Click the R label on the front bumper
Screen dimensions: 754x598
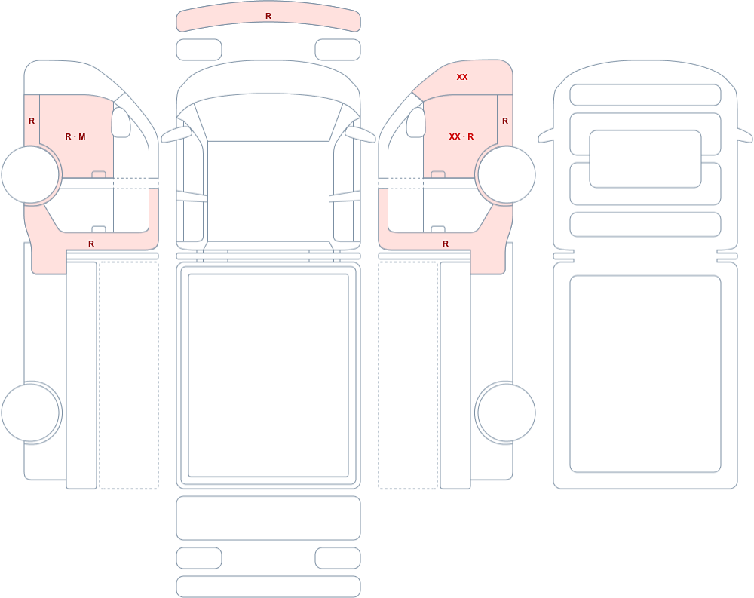tap(268, 16)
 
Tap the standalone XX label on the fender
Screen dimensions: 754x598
tap(462, 77)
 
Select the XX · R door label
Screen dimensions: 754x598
tap(461, 136)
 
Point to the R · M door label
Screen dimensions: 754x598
tap(75, 136)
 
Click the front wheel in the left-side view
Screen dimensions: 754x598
tap(30, 175)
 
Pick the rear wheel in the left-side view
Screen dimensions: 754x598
tap(30, 412)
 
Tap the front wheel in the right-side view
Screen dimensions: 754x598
tap(506, 175)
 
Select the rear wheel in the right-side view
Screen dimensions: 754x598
tap(506, 412)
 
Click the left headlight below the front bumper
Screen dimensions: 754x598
tap(199, 50)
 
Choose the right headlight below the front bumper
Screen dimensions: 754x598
tap(338, 50)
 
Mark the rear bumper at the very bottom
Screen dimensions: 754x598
tap(268, 587)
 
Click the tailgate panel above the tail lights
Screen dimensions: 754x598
tap(268, 518)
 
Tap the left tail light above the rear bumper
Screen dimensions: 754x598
tap(199, 558)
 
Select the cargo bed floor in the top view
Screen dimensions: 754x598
tap(268, 376)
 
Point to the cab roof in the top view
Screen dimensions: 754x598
tap(268, 191)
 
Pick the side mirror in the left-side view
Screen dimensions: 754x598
tap(121, 122)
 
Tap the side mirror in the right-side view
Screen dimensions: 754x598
tap(416, 122)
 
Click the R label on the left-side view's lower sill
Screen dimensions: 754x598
tap(91, 244)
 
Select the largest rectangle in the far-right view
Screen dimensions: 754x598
tap(645, 374)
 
